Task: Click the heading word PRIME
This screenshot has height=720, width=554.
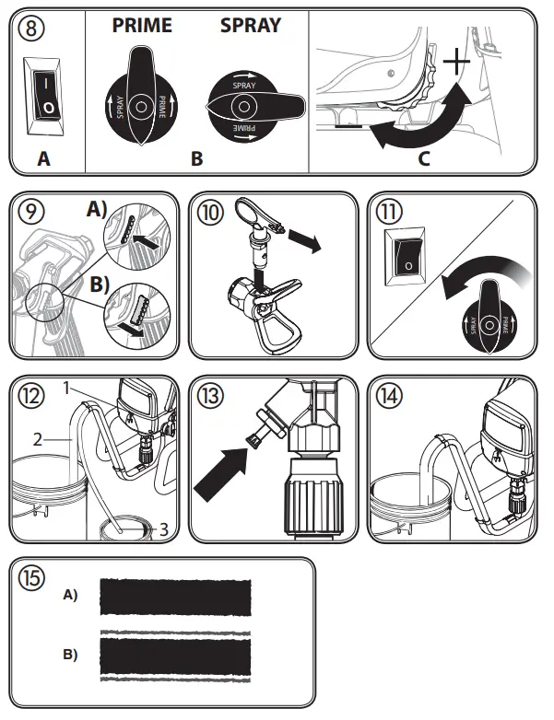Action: pos(142,25)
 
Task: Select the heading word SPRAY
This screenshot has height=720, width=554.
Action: pos(250,25)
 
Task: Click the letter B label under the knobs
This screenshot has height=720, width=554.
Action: pos(196,158)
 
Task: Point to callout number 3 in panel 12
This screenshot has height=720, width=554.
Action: pos(162,528)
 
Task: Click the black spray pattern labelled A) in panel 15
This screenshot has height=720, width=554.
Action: pos(174,597)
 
